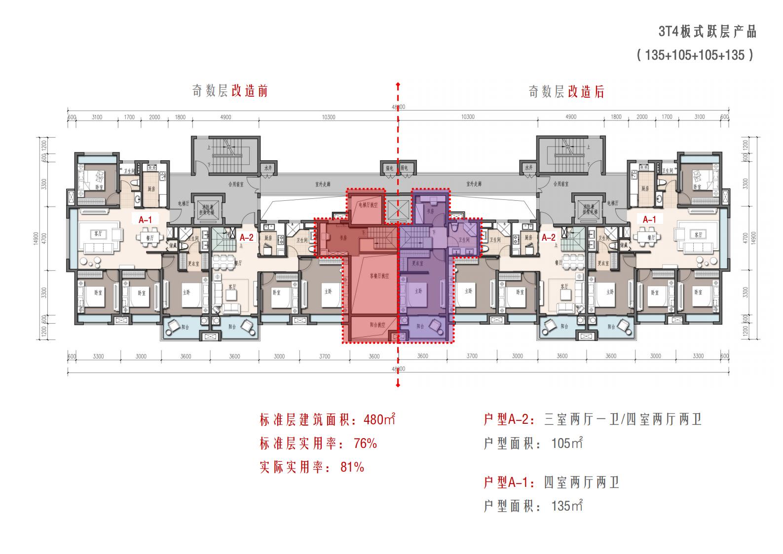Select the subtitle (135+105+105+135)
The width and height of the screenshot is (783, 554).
click(695, 55)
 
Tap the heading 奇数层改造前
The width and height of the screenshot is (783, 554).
click(230, 91)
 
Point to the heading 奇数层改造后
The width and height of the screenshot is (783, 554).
click(566, 92)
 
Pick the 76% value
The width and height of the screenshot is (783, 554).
click(366, 443)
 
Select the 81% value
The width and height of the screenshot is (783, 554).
click(352, 467)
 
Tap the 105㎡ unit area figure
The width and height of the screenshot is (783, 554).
click(567, 443)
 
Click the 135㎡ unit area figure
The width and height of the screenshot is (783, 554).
click(567, 506)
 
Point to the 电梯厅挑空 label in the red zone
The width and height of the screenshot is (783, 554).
click(368, 205)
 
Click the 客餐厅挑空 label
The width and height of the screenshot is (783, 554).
click(379, 276)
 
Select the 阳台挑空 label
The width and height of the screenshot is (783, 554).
click(377, 326)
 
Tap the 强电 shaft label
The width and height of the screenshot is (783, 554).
click(389, 168)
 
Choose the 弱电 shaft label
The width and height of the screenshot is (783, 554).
click(404, 168)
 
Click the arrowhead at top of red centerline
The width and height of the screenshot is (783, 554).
click(398, 85)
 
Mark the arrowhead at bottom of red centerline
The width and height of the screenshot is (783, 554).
click(398, 385)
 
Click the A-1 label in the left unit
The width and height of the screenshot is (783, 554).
click(145, 220)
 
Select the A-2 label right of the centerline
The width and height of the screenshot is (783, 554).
click(549, 238)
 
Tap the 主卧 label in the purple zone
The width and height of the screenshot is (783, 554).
click(418, 292)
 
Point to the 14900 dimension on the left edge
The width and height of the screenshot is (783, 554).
click(43, 238)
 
